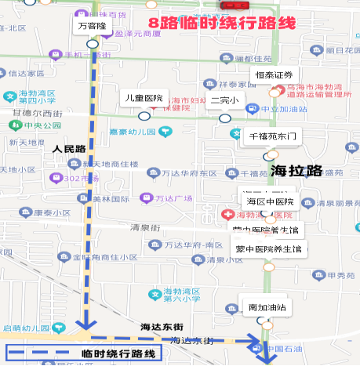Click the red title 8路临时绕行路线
(x=221, y=24)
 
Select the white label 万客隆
(x=93, y=25)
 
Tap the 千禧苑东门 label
(x=274, y=136)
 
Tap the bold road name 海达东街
(x=162, y=326)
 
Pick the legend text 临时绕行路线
(x=119, y=353)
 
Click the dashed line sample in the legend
(x=44, y=353)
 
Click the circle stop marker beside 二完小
(x=225, y=118)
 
